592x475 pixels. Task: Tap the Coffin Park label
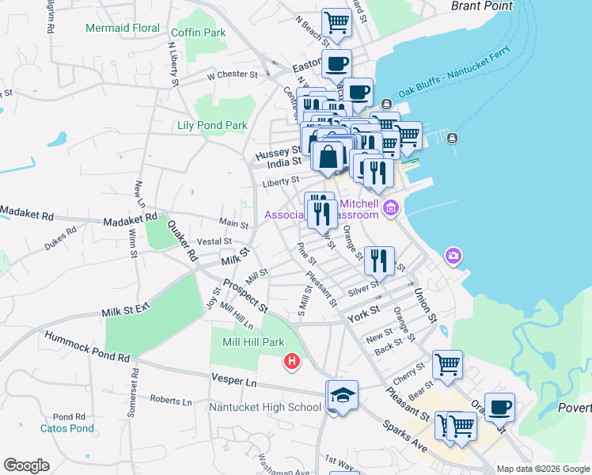point(198,32)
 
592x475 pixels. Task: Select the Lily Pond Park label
point(212,125)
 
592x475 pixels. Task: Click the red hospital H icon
point(292,362)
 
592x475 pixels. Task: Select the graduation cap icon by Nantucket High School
point(342,396)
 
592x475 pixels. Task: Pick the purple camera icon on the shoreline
point(453,255)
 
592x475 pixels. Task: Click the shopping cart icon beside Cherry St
point(446,364)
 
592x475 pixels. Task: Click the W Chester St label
point(232,77)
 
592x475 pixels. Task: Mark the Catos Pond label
point(67,429)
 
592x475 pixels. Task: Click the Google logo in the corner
point(26,465)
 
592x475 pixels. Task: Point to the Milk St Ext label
point(126,310)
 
